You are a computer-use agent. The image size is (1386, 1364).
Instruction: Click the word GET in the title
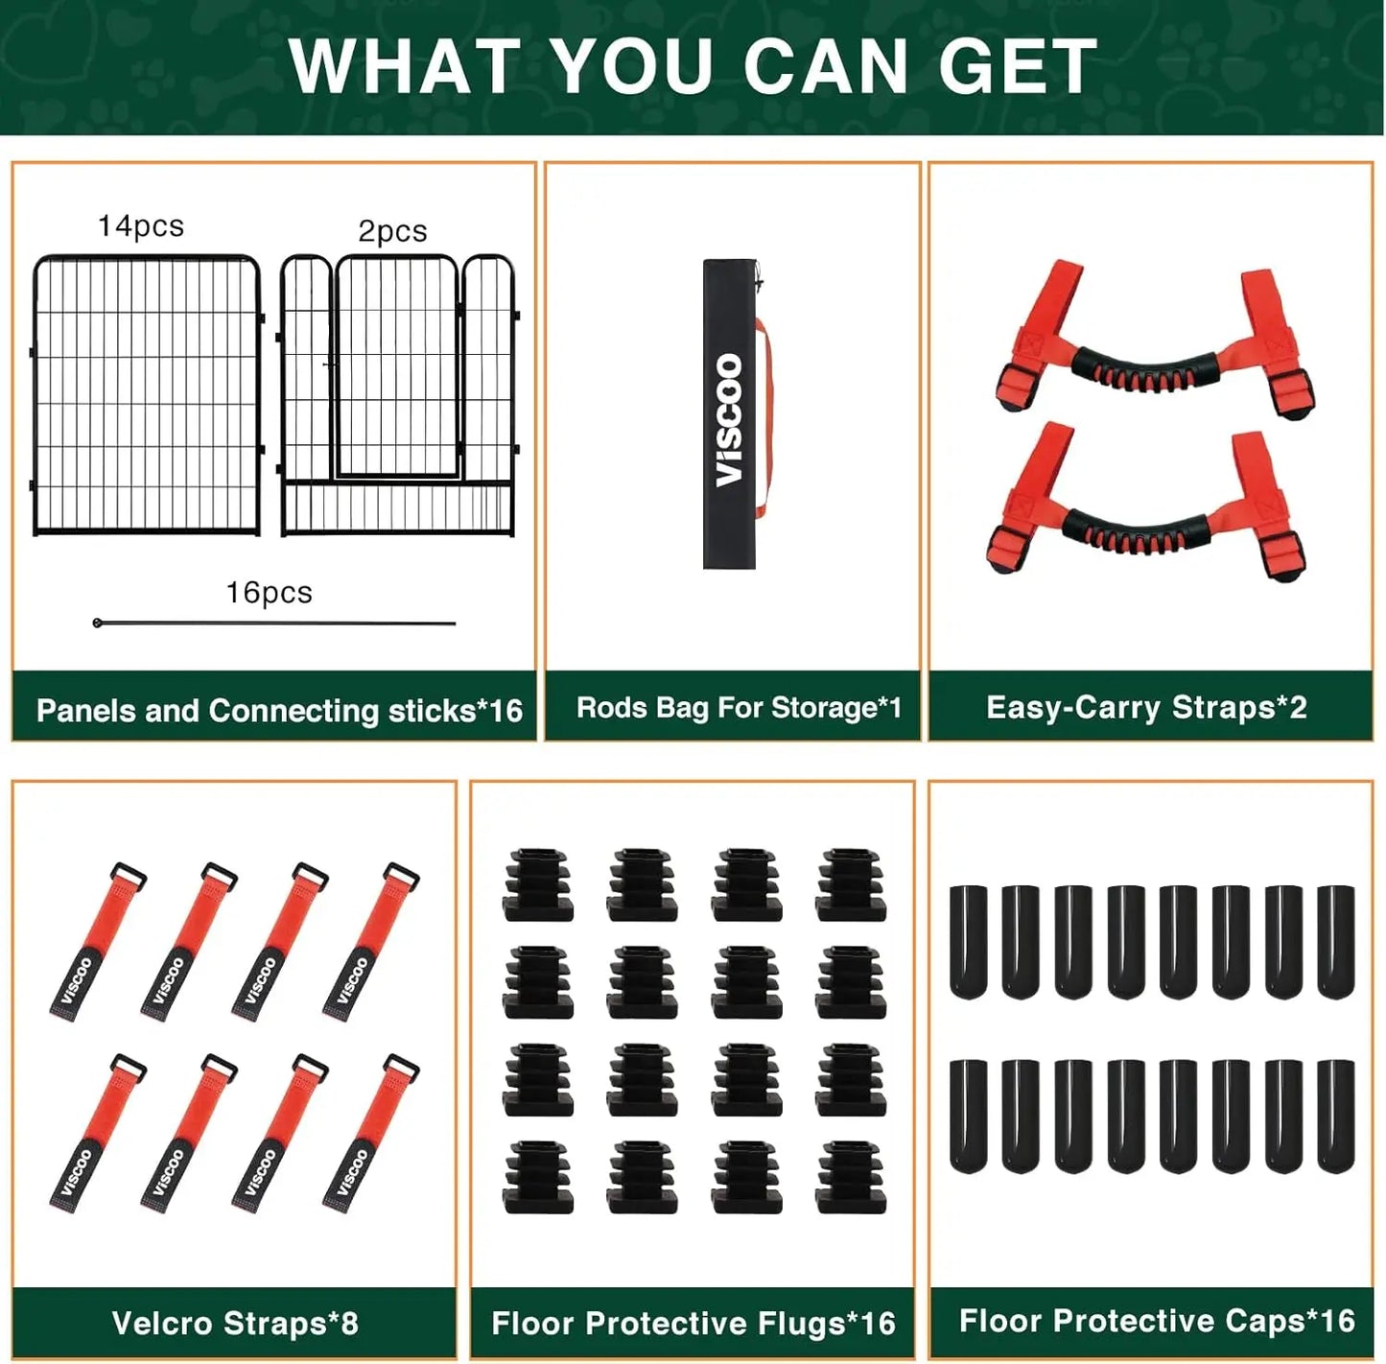pos(1019,66)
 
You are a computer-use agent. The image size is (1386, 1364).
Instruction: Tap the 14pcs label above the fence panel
pos(141,226)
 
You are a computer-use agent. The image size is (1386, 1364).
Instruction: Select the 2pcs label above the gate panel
pos(392,231)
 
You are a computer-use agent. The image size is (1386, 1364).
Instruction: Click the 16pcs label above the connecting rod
pos(269,593)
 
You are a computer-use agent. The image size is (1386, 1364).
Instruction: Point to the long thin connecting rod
pos(274,623)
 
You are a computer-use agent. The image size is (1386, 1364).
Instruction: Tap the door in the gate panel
pos(397,366)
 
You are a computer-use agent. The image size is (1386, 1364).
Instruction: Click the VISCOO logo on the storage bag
pos(729,419)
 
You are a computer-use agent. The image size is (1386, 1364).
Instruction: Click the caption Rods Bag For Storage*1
pos(738,708)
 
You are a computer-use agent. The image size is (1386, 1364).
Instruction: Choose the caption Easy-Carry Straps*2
pos(1146,708)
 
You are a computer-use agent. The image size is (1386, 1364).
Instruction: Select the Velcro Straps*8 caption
pos(235,1323)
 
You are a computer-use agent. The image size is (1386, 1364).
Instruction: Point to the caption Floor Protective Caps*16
pos(1157,1320)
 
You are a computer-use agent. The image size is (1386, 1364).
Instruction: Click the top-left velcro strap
pos(98,941)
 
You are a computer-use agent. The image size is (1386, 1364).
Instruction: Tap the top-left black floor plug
pos(538,884)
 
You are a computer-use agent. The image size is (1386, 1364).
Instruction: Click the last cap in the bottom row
pos(1336,1117)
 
